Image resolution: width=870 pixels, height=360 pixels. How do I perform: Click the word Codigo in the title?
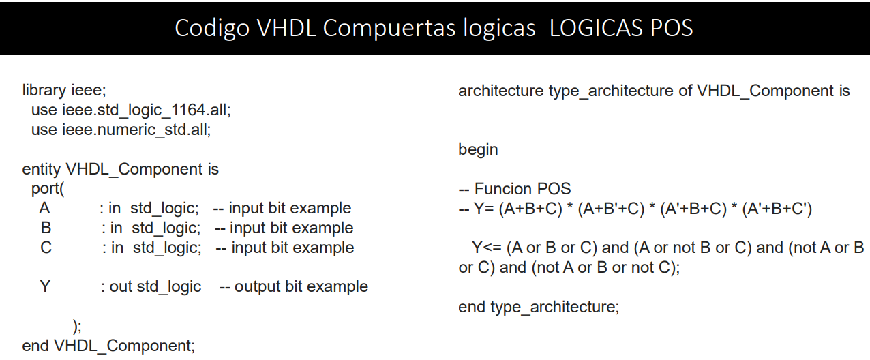[x=211, y=28]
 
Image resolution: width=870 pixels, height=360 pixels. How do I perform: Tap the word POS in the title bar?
[x=669, y=28]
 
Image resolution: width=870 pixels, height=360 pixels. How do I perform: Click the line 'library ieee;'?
[x=65, y=90]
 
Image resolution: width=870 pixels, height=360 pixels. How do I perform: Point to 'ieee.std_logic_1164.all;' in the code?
[x=151, y=110]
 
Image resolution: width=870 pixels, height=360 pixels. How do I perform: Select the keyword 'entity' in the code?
[x=42, y=169]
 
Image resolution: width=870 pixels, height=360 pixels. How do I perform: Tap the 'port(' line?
[x=47, y=188]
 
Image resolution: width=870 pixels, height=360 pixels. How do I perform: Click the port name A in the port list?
[x=45, y=208]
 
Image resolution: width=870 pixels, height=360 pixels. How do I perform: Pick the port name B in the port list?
[x=46, y=228]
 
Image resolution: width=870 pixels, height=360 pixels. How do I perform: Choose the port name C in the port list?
[x=46, y=247]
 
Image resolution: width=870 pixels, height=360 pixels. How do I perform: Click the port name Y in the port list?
[x=45, y=286]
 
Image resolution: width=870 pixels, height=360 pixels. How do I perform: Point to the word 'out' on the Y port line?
[x=121, y=286]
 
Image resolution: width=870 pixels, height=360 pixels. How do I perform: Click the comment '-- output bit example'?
[x=294, y=286]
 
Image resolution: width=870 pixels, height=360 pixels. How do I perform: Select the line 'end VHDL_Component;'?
[x=108, y=346]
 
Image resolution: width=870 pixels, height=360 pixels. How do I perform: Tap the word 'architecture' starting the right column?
[x=500, y=91]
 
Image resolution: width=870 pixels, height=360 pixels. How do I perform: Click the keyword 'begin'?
[x=478, y=149]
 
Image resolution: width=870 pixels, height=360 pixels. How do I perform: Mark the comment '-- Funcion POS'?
[x=515, y=189]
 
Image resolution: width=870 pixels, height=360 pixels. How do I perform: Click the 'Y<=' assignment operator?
[x=487, y=247]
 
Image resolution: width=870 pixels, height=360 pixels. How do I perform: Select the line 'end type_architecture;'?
[x=539, y=307]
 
